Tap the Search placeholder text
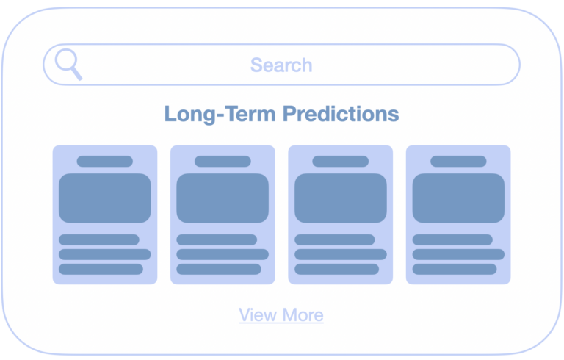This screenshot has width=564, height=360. point(281,65)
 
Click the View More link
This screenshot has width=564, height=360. point(281,315)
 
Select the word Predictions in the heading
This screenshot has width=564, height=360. point(341,114)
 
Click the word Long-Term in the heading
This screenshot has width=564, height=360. point(220,114)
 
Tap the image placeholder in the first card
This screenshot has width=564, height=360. point(105,198)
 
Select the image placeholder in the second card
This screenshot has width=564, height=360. point(223,198)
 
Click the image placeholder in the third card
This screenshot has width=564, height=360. point(341,198)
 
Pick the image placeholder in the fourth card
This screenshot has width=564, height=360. point(458,198)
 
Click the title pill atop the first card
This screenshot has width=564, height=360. point(105,162)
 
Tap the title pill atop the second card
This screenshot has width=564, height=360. point(223,162)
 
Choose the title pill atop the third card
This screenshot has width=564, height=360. point(341,162)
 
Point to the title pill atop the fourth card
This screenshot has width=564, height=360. point(458,162)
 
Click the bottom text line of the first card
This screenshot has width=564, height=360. point(101,270)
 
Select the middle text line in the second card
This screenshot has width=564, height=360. point(223,254)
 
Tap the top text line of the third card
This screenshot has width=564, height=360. point(335,240)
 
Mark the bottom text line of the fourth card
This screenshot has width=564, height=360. point(455,270)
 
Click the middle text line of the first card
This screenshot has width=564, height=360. point(105,254)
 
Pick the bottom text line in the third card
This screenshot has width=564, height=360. point(336,270)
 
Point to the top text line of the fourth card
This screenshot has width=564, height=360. point(452,240)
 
